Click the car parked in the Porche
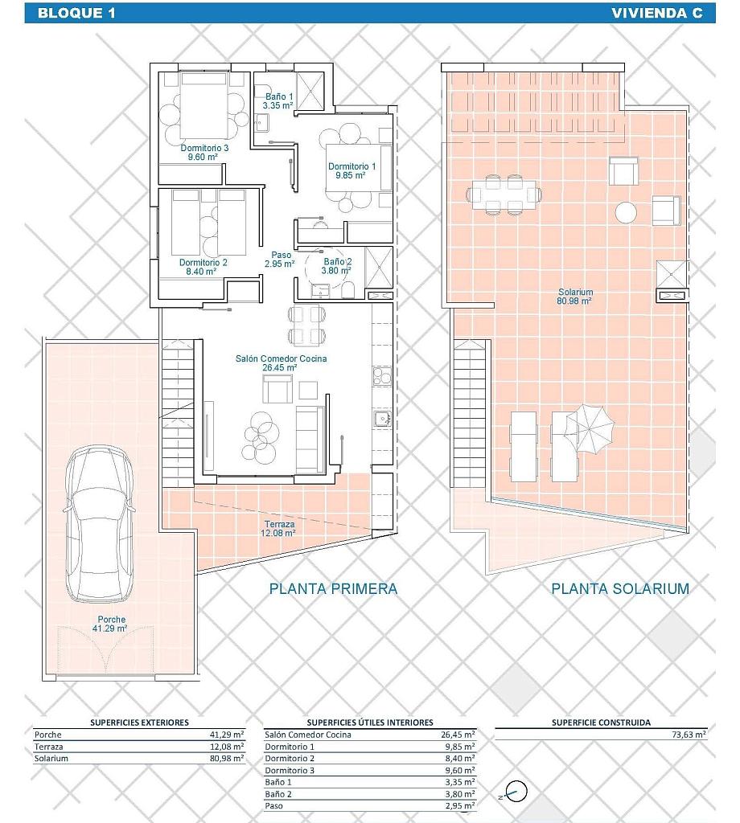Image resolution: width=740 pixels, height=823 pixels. click(x=99, y=524)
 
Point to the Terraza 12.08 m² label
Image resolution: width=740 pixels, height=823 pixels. click(x=279, y=529)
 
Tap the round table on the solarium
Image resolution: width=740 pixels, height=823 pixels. click(x=626, y=212)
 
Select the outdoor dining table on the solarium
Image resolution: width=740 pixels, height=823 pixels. click(x=504, y=194)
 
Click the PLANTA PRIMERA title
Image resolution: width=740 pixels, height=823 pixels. click(x=333, y=589)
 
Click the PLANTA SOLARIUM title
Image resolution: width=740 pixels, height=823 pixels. click(x=619, y=589)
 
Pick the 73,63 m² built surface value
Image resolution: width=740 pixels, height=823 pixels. click(x=689, y=735)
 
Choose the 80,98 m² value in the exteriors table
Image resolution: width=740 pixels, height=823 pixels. click(x=227, y=758)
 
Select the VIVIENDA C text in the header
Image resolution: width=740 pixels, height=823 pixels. click(x=656, y=13)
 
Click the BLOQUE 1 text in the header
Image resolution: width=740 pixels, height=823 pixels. click(x=76, y=13)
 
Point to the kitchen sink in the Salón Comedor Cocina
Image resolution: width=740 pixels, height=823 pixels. click(x=382, y=418)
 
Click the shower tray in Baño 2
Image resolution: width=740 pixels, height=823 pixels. click(x=379, y=267)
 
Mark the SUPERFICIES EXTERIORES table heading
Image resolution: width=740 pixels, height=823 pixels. click(x=139, y=723)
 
